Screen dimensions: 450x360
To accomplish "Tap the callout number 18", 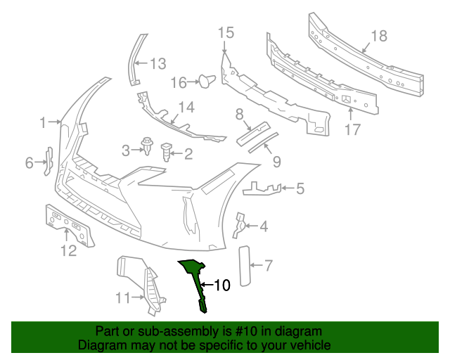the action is click(x=379, y=35).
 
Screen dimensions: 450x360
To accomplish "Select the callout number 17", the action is click(x=352, y=129).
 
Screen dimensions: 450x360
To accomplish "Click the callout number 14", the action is click(x=186, y=107).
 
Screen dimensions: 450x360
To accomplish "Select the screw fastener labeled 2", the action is click(x=167, y=150).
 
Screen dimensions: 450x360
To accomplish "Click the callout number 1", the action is click(x=44, y=122).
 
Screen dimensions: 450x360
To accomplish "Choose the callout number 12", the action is click(x=68, y=251).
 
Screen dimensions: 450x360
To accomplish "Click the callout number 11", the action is click(x=122, y=298).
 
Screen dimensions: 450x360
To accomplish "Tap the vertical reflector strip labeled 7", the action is click(x=245, y=266).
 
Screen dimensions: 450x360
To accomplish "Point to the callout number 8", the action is click(x=239, y=113).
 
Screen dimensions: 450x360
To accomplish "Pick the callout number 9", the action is click(x=276, y=162).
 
